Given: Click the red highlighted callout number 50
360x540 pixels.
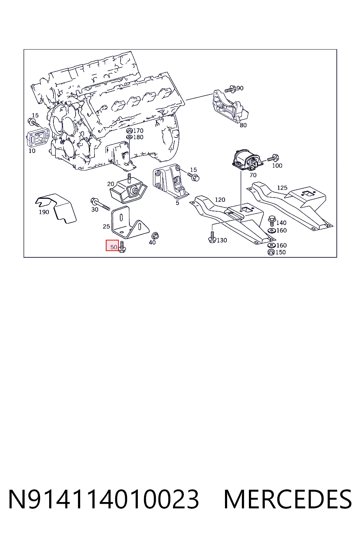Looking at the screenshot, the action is point(114,247).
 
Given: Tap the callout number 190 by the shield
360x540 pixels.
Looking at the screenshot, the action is point(44,212).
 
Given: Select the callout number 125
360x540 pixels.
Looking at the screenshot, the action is point(282,187).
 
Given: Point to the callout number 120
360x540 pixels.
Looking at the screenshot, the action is point(220,200).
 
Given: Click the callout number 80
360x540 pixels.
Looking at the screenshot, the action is point(243,125).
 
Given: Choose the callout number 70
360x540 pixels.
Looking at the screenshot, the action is point(253,175).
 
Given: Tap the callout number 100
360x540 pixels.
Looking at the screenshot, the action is point(277,166).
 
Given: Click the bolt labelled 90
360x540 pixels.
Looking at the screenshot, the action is point(230,89).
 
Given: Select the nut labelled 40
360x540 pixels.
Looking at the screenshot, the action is point(155,236).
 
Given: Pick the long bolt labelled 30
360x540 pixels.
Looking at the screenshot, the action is point(100,204).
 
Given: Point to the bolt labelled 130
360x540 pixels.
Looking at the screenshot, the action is point(212,237).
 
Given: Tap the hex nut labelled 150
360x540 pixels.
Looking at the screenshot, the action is point(271,252).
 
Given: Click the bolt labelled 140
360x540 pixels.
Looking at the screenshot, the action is point(272,221).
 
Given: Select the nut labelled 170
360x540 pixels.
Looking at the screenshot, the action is point(129,131).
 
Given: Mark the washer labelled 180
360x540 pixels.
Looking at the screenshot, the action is point(129,137).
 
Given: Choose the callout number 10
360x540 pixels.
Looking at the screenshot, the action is point(32,151).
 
